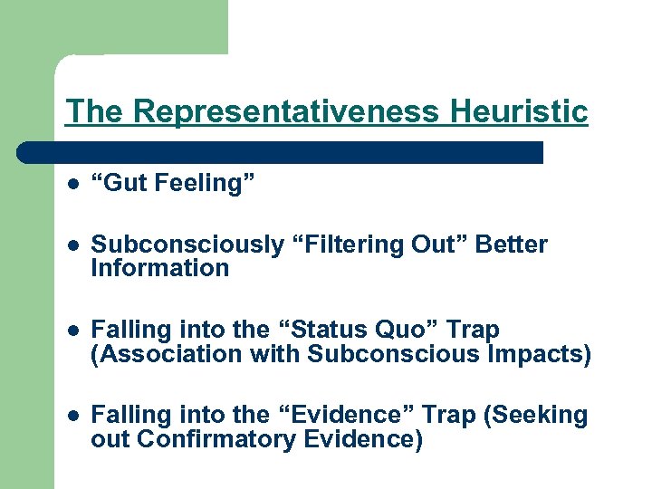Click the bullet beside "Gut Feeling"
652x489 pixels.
point(72,184)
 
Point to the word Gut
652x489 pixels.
point(124,183)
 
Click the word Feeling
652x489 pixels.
point(201,183)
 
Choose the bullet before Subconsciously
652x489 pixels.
point(72,245)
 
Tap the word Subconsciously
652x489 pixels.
point(187,244)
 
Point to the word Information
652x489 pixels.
point(160,268)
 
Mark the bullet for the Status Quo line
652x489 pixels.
point(72,331)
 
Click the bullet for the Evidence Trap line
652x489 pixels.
point(72,417)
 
